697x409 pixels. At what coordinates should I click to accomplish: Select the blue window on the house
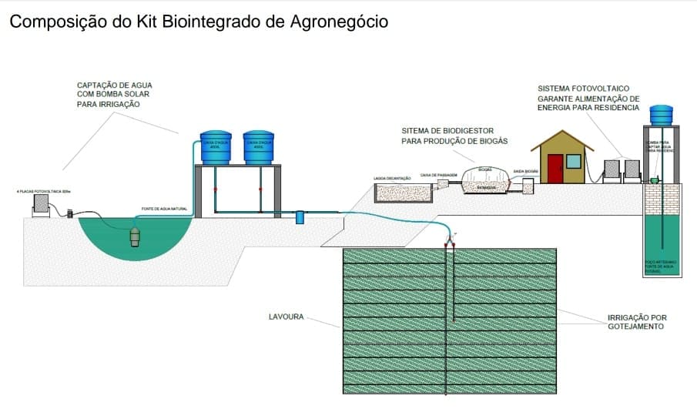[573, 161]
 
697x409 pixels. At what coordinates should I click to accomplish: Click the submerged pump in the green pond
[136, 234]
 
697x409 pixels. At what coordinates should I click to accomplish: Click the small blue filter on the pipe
[300, 218]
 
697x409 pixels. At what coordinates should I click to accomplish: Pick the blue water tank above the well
[661, 115]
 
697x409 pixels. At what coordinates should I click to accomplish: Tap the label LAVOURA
[287, 316]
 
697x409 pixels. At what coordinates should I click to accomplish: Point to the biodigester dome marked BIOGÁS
[484, 180]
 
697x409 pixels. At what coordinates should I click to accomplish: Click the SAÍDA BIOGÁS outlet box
[528, 186]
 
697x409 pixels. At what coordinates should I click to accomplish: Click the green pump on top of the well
[654, 180]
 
